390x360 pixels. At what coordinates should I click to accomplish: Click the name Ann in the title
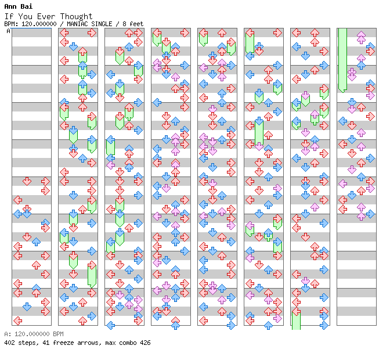[11, 6]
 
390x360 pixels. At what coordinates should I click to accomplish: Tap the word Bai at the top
[27, 6]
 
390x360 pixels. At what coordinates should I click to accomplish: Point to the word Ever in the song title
[46, 16]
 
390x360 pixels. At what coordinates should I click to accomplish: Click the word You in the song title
[25, 16]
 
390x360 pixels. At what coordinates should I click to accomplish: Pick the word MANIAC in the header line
[77, 24]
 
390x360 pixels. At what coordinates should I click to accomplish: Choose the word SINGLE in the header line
[102, 24]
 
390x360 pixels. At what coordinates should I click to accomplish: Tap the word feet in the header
[136, 24]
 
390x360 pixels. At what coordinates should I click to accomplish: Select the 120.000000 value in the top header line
[39, 24]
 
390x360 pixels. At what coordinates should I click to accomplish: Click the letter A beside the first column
[9, 31]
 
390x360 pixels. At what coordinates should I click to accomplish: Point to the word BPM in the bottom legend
[58, 334]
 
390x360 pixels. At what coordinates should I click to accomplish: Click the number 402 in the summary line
[9, 343]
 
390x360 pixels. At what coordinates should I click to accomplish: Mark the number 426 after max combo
[145, 343]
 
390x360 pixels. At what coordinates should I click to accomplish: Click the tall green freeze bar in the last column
[342, 60]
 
